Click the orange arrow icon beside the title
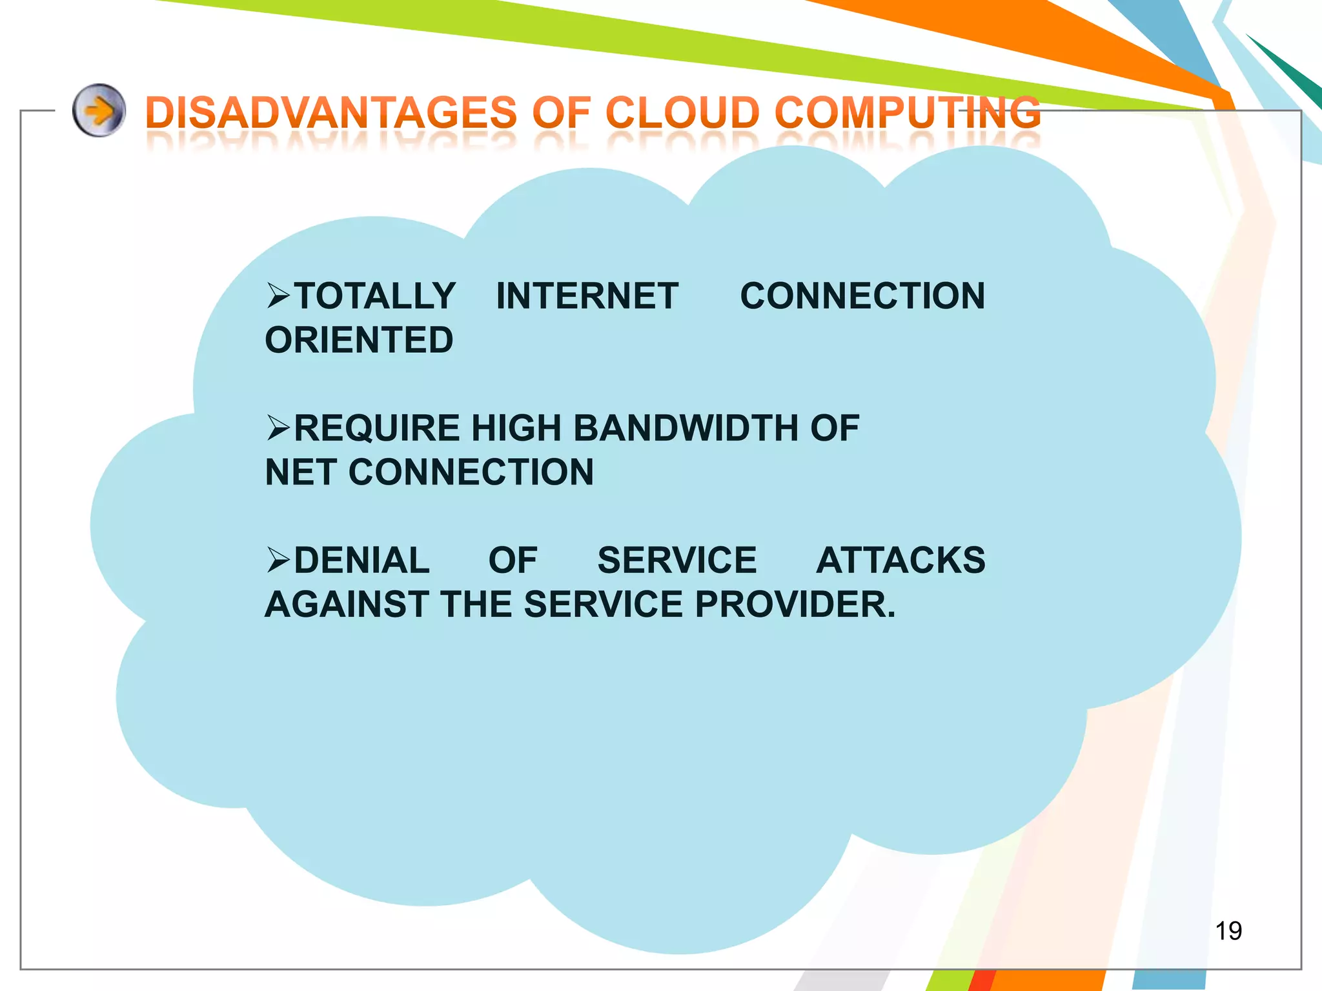coord(99,110)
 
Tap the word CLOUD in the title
coord(682,112)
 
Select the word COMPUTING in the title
coord(907,112)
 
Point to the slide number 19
coord(1228,931)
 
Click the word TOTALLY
coord(375,296)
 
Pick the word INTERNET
coord(587,296)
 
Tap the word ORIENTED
coord(359,340)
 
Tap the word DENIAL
coord(361,560)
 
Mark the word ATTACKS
coord(900,560)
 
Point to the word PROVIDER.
coord(795,605)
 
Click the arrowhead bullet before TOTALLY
coord(278,296)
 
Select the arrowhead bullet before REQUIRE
coord(278,428)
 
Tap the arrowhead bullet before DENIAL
coord(278,560)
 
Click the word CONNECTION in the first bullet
coord(862,296)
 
